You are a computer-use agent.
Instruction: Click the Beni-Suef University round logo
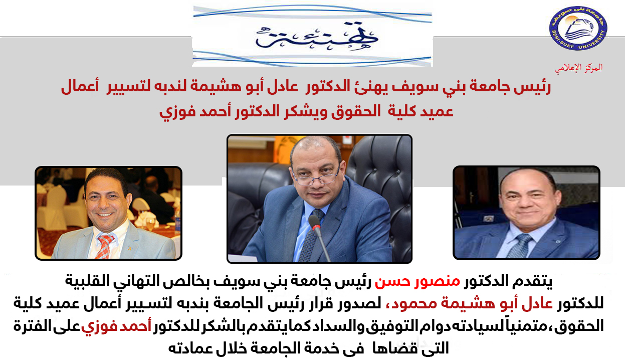coord(578,28)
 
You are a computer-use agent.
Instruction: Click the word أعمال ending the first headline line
coord(80,87)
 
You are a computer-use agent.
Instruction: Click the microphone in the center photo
coord(319,237)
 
